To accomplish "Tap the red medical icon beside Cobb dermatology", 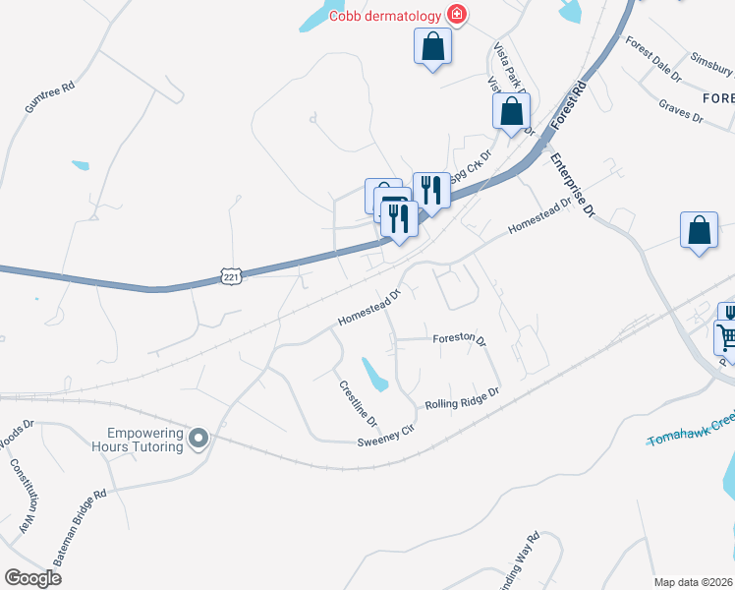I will (457, 14).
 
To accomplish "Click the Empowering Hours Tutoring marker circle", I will (199, 438).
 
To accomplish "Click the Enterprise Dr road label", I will (573, 184).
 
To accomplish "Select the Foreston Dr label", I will (460, 339).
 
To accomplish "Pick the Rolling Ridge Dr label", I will (462, 397).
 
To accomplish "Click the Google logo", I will (32, 577).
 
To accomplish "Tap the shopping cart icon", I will (726, 337).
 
